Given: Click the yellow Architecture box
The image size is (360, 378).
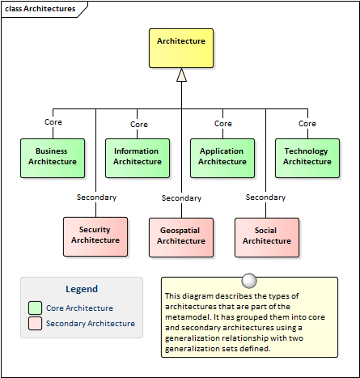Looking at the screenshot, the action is [x=181, y=48].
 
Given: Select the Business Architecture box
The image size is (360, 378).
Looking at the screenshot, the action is [x=53, y=158].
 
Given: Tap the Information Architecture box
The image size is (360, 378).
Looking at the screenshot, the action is [x=138, y=158].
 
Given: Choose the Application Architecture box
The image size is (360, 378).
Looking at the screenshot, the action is [x=222, y=158].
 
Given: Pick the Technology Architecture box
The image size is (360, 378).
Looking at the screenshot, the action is [x=307, y=158].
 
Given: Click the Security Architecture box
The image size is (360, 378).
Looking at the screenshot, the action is [x=95, y=236].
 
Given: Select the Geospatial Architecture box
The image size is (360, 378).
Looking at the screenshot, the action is [x=181, y=237].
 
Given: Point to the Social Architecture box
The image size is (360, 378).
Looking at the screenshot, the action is [x=267, y=237].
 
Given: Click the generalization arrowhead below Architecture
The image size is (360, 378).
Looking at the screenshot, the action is [x=181, y=74].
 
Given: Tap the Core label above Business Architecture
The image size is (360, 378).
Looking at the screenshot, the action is [x=53, y=122].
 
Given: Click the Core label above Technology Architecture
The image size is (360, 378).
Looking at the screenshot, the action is [x=307, y=124].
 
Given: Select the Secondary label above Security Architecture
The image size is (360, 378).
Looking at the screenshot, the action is [x=96, y=197].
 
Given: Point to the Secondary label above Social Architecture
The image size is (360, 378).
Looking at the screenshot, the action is [x=265, y=197].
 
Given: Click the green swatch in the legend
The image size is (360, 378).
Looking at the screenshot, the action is [x=35, y=308].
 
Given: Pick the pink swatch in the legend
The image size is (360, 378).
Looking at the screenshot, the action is [x=35, y=323].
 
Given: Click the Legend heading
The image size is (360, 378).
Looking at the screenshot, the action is [x=82, y=289].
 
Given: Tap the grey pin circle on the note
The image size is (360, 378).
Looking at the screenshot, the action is [x=249, y=281].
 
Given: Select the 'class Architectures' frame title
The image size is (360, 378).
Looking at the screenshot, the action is [x=40, y=9].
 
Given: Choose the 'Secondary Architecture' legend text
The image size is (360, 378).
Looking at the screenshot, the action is [x=91, y=323].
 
